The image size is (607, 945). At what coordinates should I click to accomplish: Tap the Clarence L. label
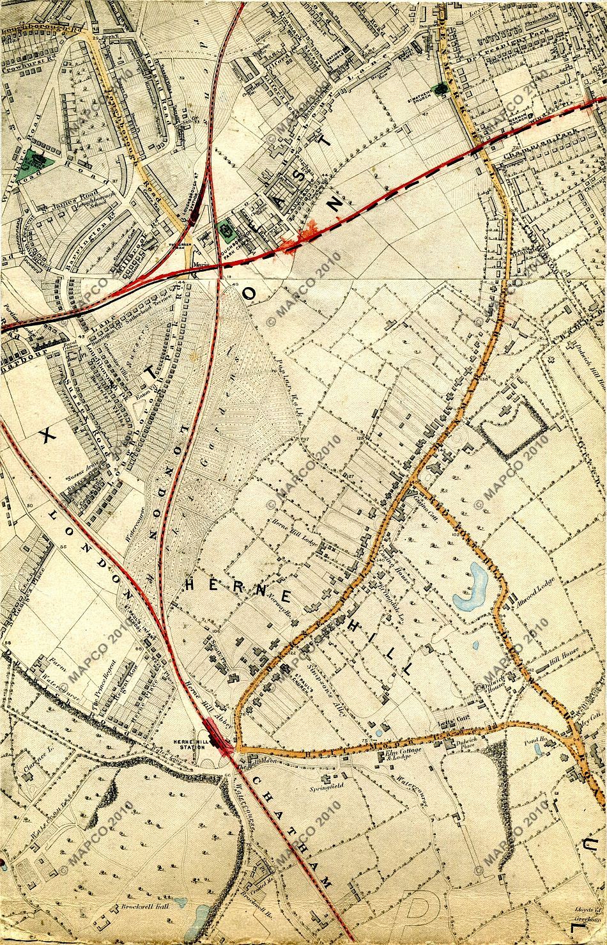[x=33, y=763]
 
